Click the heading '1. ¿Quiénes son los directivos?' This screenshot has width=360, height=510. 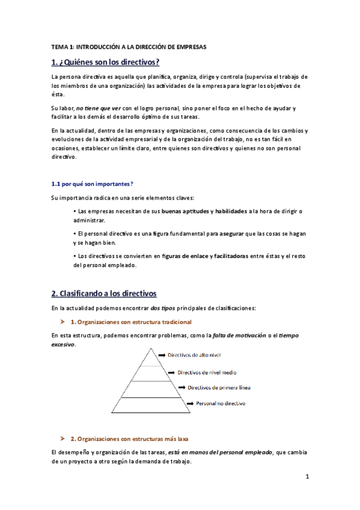pos(105,62)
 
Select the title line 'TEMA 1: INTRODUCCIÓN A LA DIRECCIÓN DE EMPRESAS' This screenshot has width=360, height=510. pos(129,46)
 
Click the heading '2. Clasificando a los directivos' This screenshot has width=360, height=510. pos(104,293)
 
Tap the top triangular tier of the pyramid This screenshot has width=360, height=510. pos(147,358)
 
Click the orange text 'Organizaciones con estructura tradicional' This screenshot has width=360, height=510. pos(135,322)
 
